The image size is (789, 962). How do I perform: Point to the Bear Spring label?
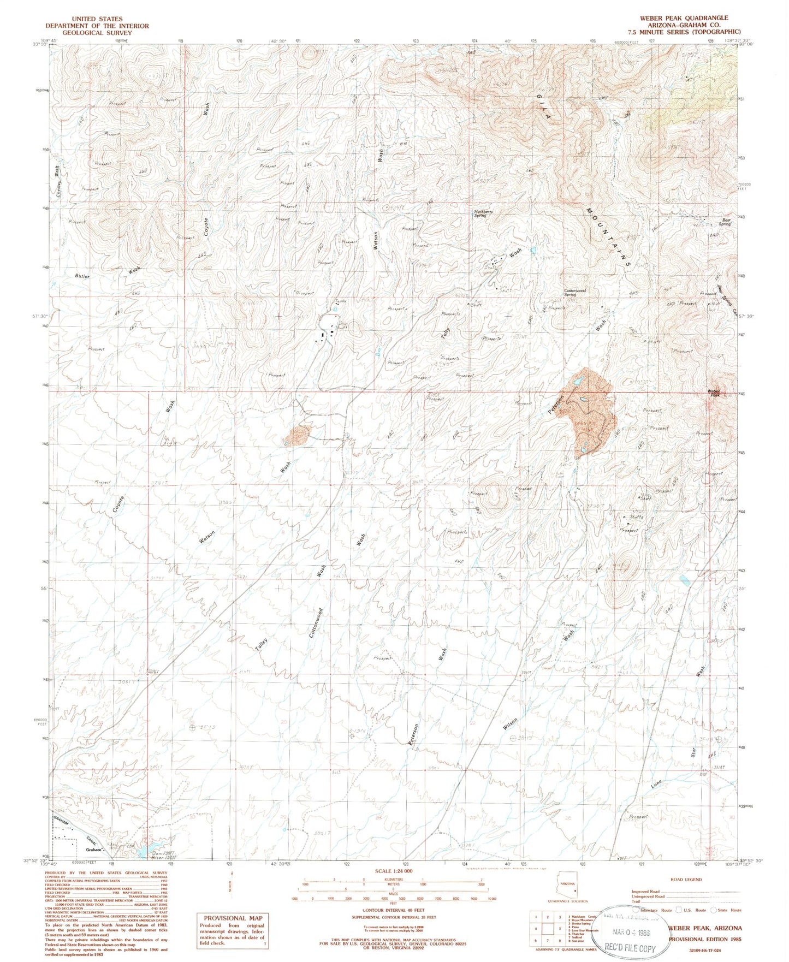click(724, 222)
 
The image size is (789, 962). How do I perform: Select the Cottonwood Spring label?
click(575, 293)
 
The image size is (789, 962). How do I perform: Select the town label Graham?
click(94, 850)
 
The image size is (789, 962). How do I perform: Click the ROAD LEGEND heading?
click(686, 880)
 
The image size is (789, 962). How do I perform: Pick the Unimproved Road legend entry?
click(648, 896)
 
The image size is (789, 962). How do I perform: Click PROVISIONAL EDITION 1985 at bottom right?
click(704, 939)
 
